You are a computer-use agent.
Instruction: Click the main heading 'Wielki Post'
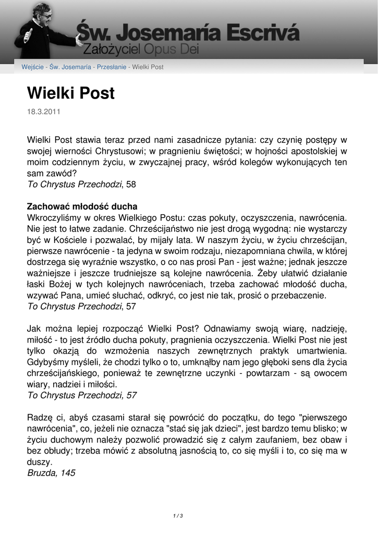[70, 93]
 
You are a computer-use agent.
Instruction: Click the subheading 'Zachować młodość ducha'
[82, 206]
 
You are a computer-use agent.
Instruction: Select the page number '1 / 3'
[178, 516]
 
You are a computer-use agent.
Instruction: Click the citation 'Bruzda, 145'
[51, 473]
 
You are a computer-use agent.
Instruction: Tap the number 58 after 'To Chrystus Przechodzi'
[131, 184]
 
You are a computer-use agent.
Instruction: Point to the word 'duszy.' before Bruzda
[40, 462]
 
